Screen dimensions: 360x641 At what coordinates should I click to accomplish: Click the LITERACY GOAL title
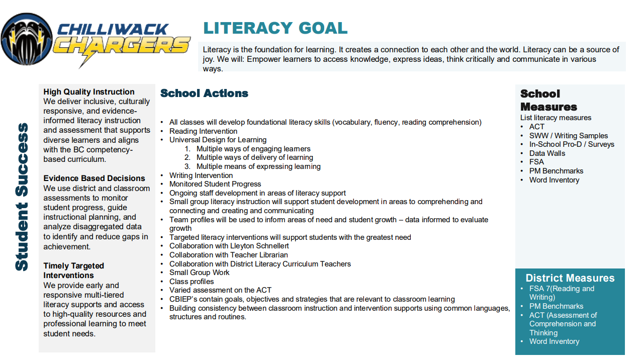275,28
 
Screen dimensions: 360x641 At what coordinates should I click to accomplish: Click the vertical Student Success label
22,197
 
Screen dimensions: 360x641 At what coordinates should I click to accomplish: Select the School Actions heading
204,93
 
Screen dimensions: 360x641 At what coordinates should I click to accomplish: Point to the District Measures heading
570,278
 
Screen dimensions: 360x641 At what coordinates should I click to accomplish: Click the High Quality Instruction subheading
89,92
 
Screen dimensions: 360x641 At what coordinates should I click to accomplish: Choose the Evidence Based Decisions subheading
94,178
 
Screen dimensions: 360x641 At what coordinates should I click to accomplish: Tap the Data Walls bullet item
547,153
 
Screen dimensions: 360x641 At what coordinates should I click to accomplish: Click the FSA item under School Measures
536,162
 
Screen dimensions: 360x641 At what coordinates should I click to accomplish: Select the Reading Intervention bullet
203,131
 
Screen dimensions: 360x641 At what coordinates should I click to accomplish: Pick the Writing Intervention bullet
201,175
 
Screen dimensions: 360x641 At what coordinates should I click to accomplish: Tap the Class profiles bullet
192,282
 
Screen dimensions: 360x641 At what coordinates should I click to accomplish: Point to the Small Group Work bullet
199,273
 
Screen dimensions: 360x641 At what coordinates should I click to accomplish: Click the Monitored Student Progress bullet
215,184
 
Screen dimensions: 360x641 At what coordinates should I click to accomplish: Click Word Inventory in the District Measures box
554,341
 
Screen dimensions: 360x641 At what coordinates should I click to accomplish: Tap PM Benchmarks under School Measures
556,171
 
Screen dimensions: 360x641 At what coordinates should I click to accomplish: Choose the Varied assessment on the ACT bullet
220,290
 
